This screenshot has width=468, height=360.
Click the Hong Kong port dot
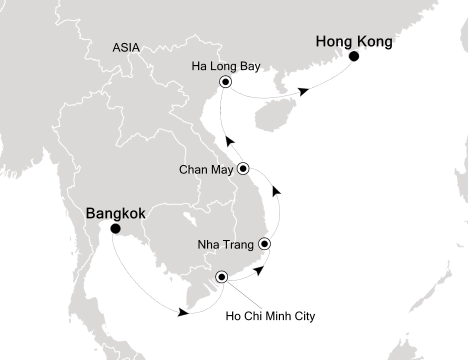(353, 56)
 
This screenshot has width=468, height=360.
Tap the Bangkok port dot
(115, 229)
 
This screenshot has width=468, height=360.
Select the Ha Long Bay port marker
(225, 82)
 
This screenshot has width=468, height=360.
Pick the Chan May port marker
(243, 168)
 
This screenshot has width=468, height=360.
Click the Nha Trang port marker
(264, 244)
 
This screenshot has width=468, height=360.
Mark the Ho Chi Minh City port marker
(221, 276)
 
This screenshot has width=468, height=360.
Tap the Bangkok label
(116, 213)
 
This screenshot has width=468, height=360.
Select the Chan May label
(206, 170)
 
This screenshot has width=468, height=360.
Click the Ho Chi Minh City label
(270, 316)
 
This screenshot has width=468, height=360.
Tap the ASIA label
(126, 48)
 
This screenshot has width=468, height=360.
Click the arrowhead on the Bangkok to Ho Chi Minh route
(183, 312)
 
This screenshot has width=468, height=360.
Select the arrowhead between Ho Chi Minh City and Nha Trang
(258, 270)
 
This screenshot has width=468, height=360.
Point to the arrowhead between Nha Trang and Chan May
(276, 190)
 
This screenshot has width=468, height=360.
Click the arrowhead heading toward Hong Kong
(303, 91)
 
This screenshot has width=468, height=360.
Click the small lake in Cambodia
(190, 219)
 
